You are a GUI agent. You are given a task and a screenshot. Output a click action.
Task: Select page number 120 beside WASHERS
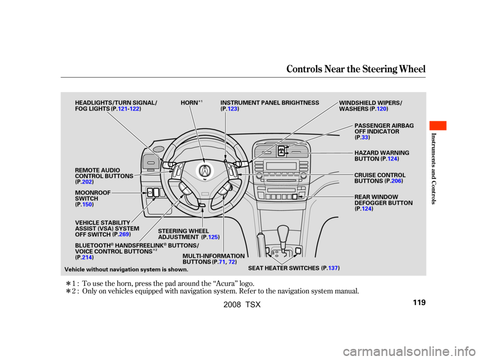click(x=381, y=109)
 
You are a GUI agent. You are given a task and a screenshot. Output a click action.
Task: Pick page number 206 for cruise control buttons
click(x=396, y=181)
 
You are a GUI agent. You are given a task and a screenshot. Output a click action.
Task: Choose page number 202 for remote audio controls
click(x=86, y=182)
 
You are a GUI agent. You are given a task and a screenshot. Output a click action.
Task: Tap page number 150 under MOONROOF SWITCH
click(x=87, y=204)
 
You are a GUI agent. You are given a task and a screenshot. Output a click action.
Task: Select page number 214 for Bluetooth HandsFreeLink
click(x=86, y=258)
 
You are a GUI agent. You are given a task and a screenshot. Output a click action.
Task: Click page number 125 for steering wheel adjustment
click(x=212, y=237)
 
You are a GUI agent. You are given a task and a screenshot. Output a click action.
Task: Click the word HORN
click(x=189, y=103)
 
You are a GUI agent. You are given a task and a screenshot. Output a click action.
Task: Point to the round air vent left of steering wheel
click(x=158, y=150)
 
